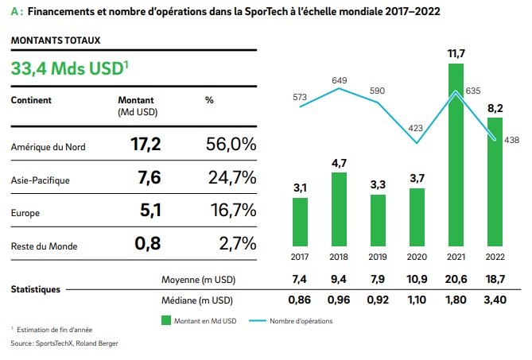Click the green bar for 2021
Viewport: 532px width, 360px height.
[x=456, y=154]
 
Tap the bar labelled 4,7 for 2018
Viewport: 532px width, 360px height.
[x=339, y=208]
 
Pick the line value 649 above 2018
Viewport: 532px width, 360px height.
[x=340, y=80]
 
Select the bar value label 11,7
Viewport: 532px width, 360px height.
[x=456, y=52]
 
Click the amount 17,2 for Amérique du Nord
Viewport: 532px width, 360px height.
[x=146, y=144]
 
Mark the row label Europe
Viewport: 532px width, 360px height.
[x=25, y=213]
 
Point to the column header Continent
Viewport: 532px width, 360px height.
[x=32, y=100]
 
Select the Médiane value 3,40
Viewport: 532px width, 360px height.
[x=495, y=300]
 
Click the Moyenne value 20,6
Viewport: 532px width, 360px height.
[x=456, y=281]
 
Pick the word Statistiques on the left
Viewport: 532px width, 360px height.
[x=36, y=289]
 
